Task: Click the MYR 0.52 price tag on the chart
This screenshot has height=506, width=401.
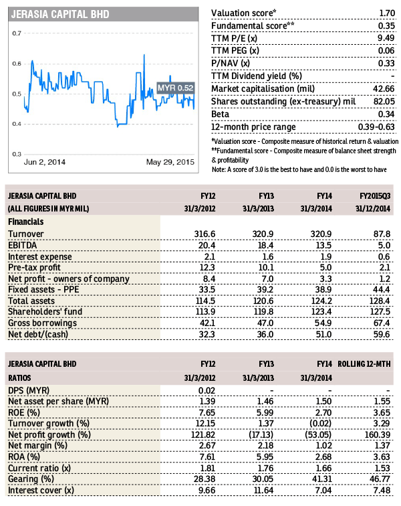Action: pyautogui.click(x=176, y=88)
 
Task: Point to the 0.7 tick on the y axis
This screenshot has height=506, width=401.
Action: pyautogui.click(x=17, y=33)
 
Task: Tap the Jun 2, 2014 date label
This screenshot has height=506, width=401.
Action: pyautogui.click(x=45, y=162)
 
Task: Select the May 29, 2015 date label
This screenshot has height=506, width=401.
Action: pyautogui.click(x=170, y=162)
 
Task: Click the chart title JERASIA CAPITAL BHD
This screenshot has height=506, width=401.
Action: pyautogui.click(x=60, y=15)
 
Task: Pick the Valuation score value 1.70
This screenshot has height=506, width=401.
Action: pyautogui.click(x=387, y=13)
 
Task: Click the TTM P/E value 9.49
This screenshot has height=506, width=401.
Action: pyautogui.click(x=386, y=38)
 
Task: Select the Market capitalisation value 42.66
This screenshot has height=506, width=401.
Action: pyautogui.click(x=384, y=89)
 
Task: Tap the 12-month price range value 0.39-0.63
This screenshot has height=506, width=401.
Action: pyautogui.click(x=376, y=126)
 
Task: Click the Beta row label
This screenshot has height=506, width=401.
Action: pyautogui.click(x=220, y=114)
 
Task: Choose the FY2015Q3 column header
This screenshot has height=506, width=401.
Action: pyautogui.click(x=375, y=196)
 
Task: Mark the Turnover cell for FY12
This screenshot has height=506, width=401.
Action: pyautogui.click(x=205, y=234)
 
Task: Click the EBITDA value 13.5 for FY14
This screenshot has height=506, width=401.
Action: pyautogui.click(x=323, y=245)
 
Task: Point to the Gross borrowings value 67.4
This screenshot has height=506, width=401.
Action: pyautogui.click(x=382, y=323)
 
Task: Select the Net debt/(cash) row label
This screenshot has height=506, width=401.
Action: pyautogui.click(x=38, y=335)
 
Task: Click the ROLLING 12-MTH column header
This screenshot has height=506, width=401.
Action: pyautogui.click(x=364, y=364)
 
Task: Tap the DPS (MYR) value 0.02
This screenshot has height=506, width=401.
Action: pyautogui.click(x=207, y=391)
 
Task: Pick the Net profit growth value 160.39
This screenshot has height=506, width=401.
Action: pyautogui.click(x=378, y=434)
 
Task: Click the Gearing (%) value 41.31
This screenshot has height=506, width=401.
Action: pyautogui.click(x=322, y=479)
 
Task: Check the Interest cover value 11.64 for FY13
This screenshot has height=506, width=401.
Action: pyautogui.click(x=264, y=491)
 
